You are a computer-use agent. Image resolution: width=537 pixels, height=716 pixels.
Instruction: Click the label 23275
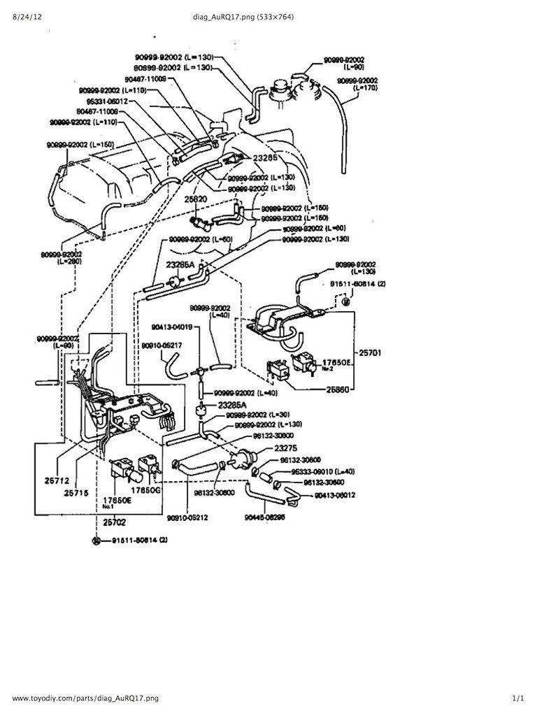pos(287,447)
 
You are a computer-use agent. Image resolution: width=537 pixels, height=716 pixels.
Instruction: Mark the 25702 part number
pos(115,522)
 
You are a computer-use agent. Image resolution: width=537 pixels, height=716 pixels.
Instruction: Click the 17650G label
pos(149,491)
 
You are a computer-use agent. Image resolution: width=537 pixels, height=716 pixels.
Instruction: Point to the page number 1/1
pos(517,698)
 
